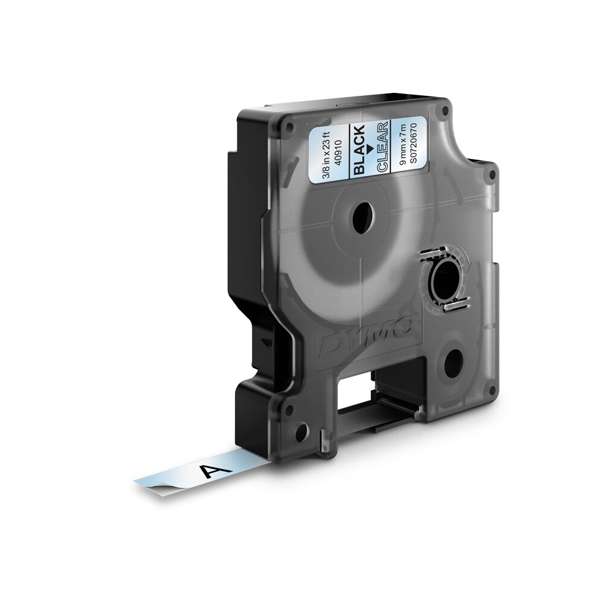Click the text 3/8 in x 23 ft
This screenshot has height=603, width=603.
(x=330, y=147)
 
